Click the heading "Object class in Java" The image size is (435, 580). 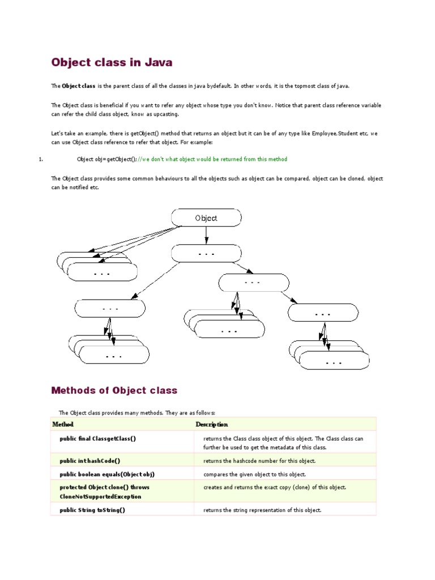[112, 62]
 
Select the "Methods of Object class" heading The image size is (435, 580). [114, 390]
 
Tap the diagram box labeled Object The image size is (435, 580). [206, 217]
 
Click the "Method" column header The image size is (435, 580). [63, 424]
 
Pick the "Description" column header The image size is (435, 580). [212, 424]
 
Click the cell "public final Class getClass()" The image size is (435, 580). [97, 438]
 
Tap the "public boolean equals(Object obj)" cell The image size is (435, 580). [107, 474]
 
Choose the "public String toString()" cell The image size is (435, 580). [92, 510]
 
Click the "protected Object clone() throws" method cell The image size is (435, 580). [105, 487]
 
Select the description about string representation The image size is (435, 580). [262, 510]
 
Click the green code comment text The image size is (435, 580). [213, 159]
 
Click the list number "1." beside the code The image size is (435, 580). [41, 159]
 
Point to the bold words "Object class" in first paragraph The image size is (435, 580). [79, 86]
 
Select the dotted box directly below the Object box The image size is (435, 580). [206, 254]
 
